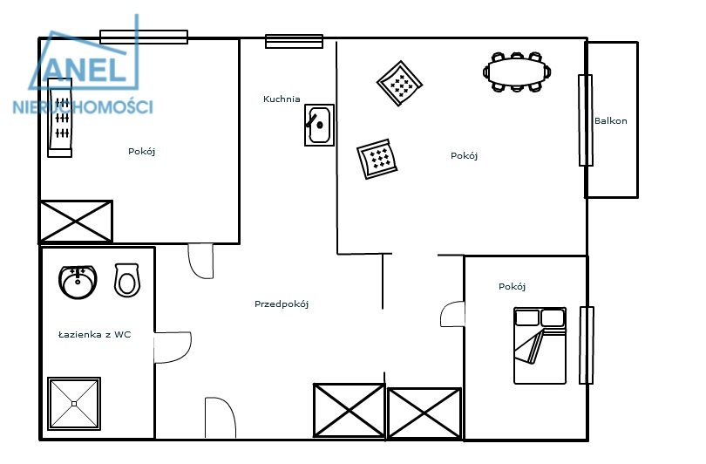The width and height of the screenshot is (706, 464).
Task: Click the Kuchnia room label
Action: click(282, 99)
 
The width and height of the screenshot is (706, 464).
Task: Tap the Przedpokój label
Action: click(282, 304)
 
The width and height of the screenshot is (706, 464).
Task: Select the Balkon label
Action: click(610, 120)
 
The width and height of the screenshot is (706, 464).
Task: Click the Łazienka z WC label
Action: click(94, 334)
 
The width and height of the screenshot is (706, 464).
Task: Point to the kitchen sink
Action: click(319, 126)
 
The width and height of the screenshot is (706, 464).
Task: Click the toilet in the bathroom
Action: click(127, 280)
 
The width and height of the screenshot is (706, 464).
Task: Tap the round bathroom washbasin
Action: click(78, 282)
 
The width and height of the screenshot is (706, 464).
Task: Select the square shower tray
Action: click(74, 404)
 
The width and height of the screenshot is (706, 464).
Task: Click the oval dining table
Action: click(517, 72)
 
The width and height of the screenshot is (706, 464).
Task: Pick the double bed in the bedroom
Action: click(540, 345)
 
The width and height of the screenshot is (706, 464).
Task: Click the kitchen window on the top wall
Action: click(294, 42)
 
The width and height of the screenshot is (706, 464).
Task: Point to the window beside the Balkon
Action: click(586, 120)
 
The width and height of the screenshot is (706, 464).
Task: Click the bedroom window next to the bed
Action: click(587, 345)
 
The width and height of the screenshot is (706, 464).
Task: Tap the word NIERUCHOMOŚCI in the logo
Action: click(83, 106)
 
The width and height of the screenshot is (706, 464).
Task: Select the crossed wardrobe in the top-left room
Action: click(76, 222)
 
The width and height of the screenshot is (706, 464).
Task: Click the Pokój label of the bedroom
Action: click(512, 286)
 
